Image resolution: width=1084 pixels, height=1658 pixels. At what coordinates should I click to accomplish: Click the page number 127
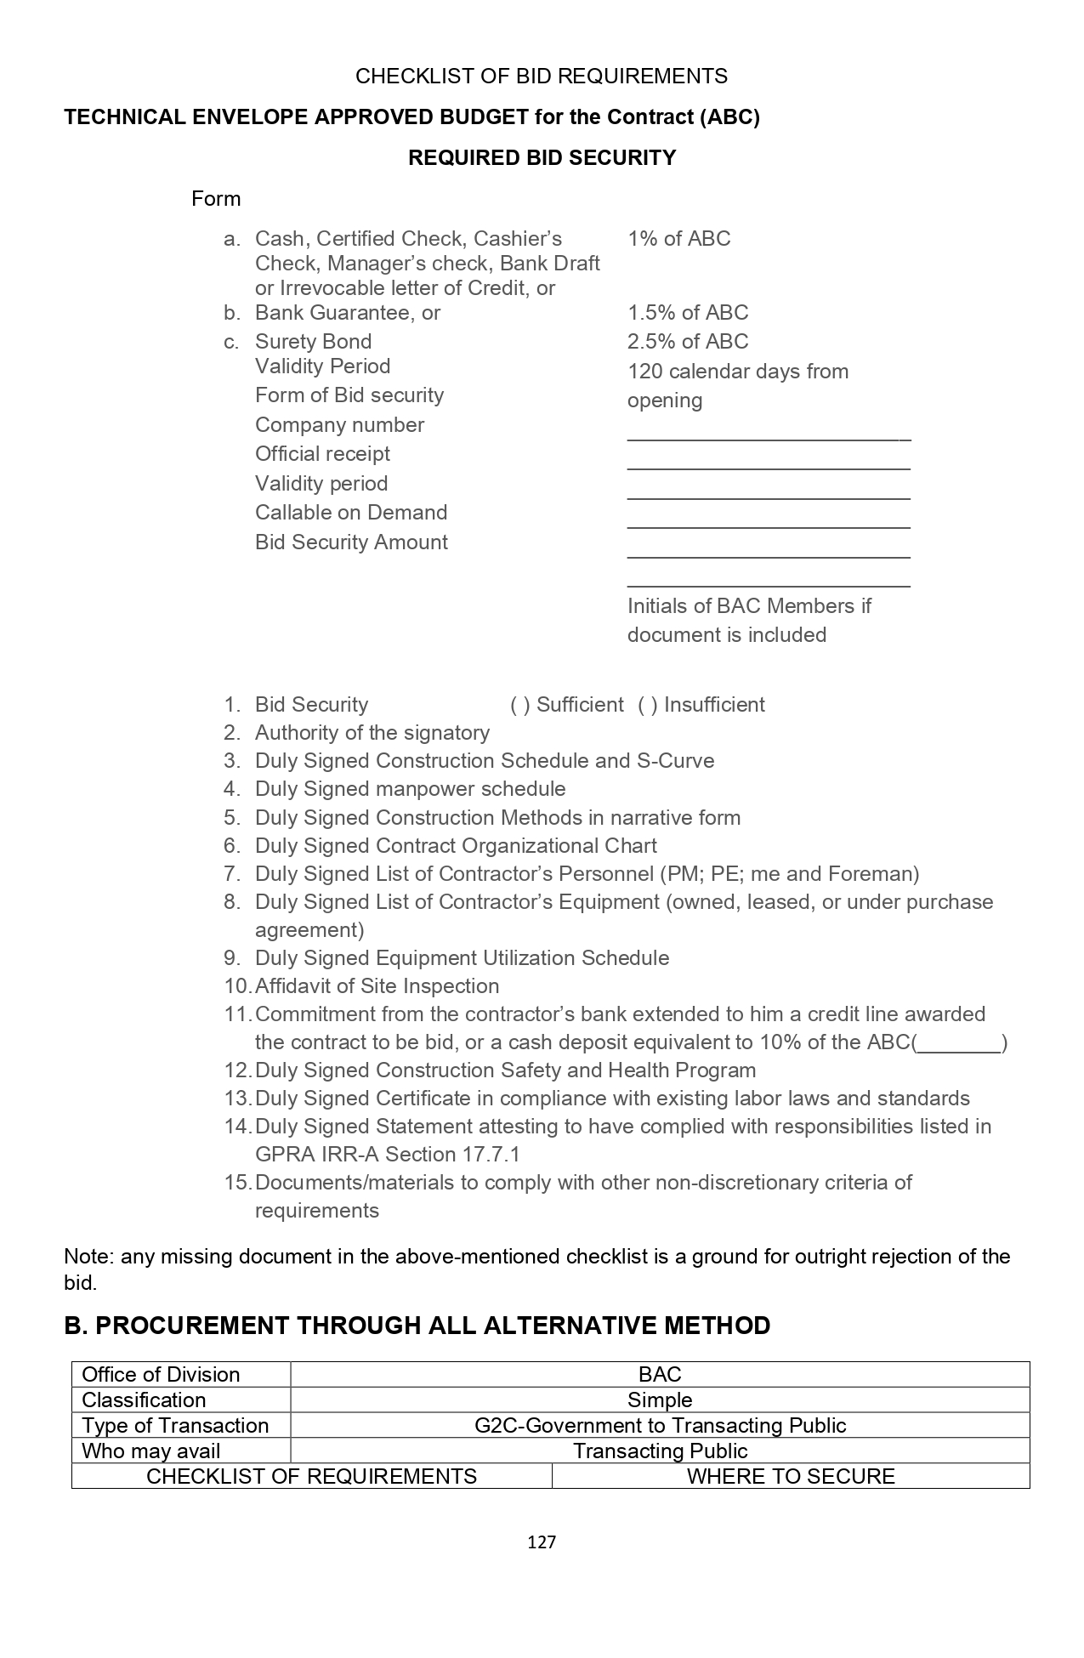tap(542, 1542)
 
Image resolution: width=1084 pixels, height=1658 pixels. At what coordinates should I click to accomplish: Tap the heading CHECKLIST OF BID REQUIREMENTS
tap(542, 77)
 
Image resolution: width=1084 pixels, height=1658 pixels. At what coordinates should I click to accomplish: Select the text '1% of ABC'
tap(678, 239)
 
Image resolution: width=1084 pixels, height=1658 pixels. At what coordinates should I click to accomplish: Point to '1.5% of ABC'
tap(687, 313)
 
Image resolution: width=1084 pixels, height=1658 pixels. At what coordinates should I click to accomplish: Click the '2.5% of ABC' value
tap(687, 342)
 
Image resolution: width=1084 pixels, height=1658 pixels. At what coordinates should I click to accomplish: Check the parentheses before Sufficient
tap(519, 705)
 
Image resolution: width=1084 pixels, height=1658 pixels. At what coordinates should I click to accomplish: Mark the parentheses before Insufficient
tap(647, 705)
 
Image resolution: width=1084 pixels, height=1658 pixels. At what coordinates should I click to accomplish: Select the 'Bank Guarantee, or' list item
tap(347, 313)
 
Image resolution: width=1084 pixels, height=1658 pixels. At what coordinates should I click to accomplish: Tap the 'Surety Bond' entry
tap(313, 342)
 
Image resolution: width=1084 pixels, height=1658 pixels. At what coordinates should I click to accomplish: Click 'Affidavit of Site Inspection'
tap(377, 986)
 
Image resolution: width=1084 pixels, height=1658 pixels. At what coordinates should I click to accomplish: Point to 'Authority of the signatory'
tap(372, 733)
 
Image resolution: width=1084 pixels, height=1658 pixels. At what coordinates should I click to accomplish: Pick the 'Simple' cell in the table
tap(660, 1400)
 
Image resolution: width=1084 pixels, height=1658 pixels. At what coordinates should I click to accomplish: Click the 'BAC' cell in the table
tap(660, 1374)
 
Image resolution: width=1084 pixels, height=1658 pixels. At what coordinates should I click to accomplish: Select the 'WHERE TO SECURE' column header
tap(791, 1476)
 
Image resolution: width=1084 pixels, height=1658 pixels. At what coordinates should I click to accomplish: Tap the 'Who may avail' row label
tap(150, 1451)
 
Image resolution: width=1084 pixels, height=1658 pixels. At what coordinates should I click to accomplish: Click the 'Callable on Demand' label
tap(350, 513)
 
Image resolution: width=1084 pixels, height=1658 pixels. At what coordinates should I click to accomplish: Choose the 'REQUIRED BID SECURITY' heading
tap(542, 158)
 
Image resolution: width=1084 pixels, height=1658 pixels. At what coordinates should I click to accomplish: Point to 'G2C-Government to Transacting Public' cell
tap(660, 1425)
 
